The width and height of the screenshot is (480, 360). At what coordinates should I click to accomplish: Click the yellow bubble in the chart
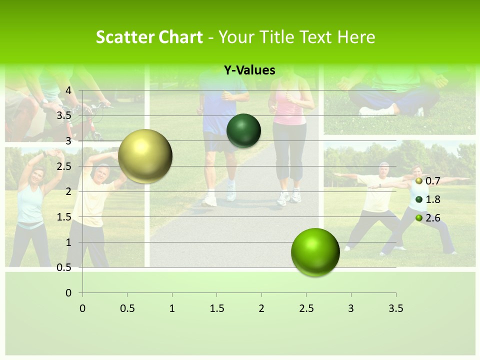click(x=145, y=156)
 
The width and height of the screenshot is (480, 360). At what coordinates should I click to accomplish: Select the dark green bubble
click(x=243, y=130)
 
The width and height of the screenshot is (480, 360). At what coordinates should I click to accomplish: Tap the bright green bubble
click(x=315, y=252)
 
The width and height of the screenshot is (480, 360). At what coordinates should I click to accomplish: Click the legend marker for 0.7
click(x=419, y=181)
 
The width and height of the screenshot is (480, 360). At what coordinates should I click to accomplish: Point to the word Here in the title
click(x=356, y=37)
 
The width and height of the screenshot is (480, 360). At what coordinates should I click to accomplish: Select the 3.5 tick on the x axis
click(x=395, y=308)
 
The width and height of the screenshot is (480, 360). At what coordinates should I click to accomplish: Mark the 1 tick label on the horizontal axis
click(x=172, y=308)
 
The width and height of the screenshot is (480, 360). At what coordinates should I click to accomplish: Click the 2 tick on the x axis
click(x=261, y=308)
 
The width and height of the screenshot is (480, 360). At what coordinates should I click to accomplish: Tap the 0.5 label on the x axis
click(x=127, y=308)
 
